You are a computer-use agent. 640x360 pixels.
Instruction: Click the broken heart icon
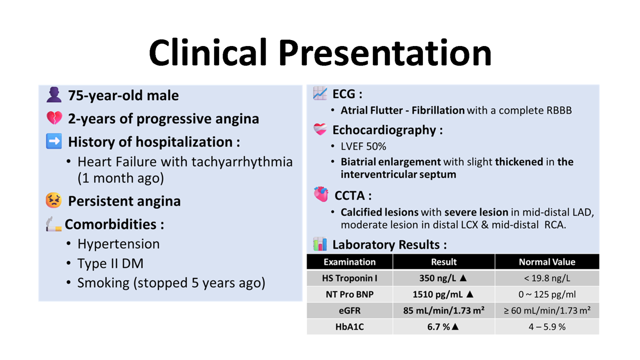54,117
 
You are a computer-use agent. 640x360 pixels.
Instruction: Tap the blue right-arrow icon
54,141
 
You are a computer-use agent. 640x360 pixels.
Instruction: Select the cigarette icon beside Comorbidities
53,224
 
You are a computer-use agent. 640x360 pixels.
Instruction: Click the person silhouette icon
54,94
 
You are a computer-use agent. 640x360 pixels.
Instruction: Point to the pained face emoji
53,200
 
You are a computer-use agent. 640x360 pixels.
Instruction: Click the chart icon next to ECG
320,93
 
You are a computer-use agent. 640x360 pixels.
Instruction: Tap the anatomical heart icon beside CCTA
321,194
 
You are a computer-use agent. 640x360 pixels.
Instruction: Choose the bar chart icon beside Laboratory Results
320,243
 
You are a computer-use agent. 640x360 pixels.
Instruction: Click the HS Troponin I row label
349,278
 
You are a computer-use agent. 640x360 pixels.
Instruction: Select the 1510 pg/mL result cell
443,294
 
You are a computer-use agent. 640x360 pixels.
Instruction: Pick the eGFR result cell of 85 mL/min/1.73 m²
443,310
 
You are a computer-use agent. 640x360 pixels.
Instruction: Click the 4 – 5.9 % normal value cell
547,327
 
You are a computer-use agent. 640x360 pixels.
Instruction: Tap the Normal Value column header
547,261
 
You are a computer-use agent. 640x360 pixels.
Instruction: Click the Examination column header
349,261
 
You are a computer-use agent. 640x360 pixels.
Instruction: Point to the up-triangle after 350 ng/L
463,277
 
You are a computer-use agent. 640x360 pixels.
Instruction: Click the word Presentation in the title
385,53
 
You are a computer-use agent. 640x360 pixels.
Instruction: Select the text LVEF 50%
363,146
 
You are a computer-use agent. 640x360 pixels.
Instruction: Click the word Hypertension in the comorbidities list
118,244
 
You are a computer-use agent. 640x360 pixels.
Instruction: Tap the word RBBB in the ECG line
559,110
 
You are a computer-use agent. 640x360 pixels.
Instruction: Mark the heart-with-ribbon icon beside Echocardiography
320,129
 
